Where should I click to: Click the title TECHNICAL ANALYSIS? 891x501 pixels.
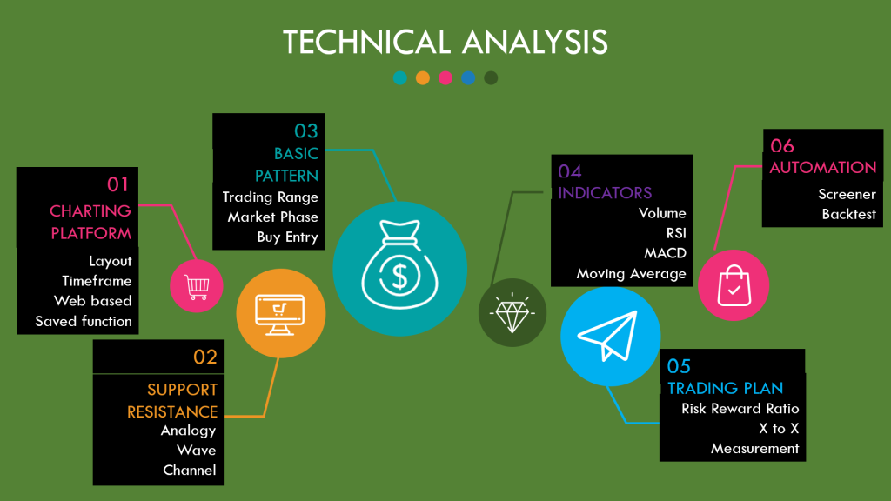445,42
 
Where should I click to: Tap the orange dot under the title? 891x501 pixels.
423,78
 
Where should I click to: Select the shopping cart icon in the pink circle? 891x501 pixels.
196,285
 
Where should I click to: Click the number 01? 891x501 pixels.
118,184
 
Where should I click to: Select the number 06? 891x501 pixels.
782,146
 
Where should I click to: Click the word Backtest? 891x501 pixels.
848,214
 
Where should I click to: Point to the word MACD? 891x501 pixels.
665,253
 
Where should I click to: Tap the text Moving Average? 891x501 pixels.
631,274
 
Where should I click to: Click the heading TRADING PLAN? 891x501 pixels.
726,388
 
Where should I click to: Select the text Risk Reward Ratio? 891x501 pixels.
740,409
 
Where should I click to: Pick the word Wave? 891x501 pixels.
196,451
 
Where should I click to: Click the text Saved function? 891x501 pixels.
84,321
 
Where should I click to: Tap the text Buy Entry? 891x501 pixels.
287,237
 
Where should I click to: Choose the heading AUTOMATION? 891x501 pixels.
823,167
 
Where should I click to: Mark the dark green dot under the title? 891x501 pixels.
491,78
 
